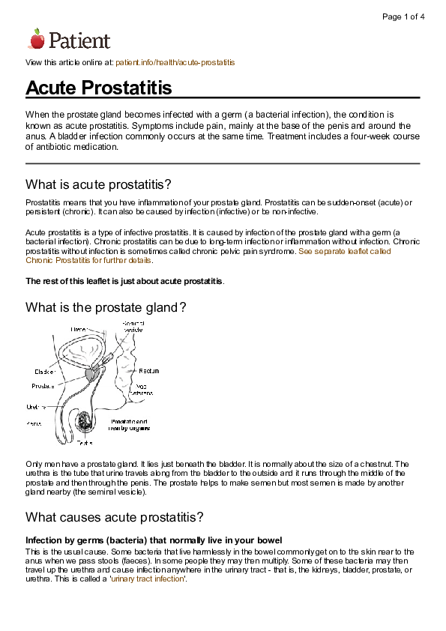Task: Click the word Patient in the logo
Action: point(79,40)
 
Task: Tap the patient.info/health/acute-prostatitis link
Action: point(175,63)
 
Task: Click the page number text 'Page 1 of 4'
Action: point(403,16)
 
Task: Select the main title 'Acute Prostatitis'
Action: point(99,88)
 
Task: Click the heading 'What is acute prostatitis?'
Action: point(99,184)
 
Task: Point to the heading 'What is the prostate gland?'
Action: point(106,307)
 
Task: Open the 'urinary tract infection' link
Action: point(148,579)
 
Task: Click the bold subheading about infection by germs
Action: point(154,540)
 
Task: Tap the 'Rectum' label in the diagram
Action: point(148,371)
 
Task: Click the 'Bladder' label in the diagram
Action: point(44,371)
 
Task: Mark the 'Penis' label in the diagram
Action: point(34,423)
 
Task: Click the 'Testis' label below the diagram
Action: point(83,443)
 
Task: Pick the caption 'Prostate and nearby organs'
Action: point(129,425)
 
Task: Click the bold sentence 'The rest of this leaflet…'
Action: point(124,281)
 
